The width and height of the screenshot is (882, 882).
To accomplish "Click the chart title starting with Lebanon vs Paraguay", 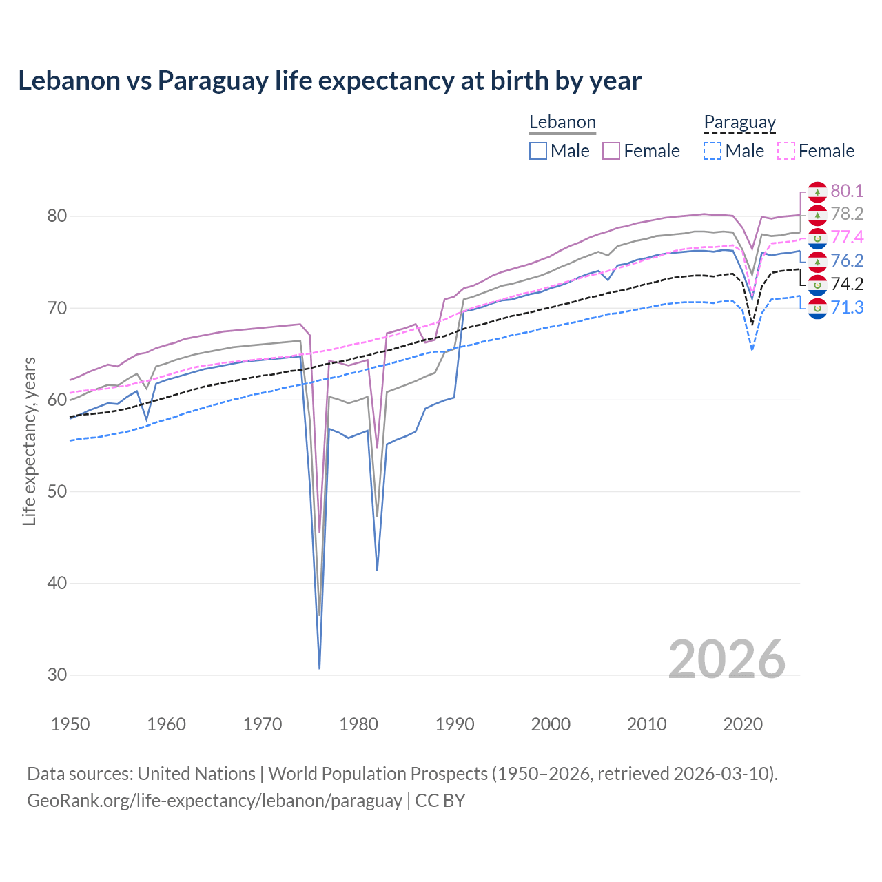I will (329, 81).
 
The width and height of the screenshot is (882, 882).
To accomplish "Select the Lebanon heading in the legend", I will (562, 122).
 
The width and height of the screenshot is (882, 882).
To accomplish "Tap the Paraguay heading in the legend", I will (739, 122).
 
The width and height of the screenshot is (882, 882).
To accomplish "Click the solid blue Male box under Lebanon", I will (538, 151).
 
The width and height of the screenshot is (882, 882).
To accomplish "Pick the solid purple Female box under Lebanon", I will (611, 151).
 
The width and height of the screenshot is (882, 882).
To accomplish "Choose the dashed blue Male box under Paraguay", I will (712, 151).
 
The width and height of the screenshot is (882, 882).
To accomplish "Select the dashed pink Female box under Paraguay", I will (786, 151).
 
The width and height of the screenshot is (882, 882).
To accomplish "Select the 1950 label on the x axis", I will (70, 724).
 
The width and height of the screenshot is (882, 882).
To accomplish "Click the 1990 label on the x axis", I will (455, 724).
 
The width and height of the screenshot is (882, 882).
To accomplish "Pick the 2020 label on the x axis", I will (743, 724).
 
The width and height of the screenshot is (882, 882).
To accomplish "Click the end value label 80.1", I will (847, 191).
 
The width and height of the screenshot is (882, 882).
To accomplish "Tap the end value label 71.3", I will (847, 307).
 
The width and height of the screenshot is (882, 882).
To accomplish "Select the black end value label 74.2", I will (847, 284).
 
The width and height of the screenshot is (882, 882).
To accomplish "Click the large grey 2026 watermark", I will (726, 659).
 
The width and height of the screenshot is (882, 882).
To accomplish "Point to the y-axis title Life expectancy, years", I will (29, 441).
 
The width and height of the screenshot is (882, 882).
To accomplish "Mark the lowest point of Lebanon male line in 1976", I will (320, 668).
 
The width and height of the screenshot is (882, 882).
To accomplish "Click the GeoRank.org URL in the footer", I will (214, 800).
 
